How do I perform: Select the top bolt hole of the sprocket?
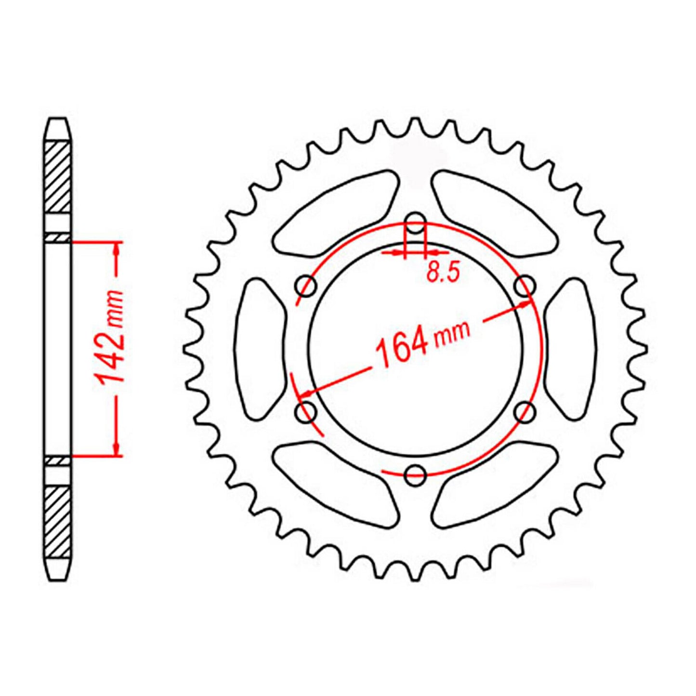(415, 223)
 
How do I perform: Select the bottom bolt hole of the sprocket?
(415, 475)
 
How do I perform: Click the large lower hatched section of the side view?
(57, 521)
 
